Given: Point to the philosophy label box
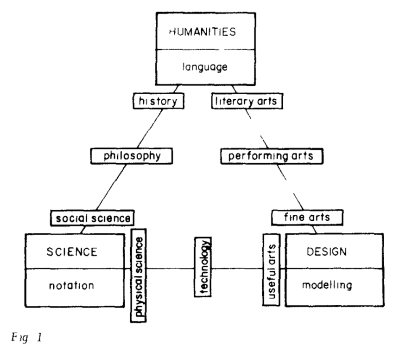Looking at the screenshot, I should [x=132, y=156].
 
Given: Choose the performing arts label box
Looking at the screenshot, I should [x=271, y=156].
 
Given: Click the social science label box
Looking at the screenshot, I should [x=92, y=217].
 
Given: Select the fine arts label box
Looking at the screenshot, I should [x=307, y=217].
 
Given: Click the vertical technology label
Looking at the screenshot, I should [x=203, y=268].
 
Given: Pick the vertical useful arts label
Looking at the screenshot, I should [x=271, y=268].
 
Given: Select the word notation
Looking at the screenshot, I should [x=71, y=286].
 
